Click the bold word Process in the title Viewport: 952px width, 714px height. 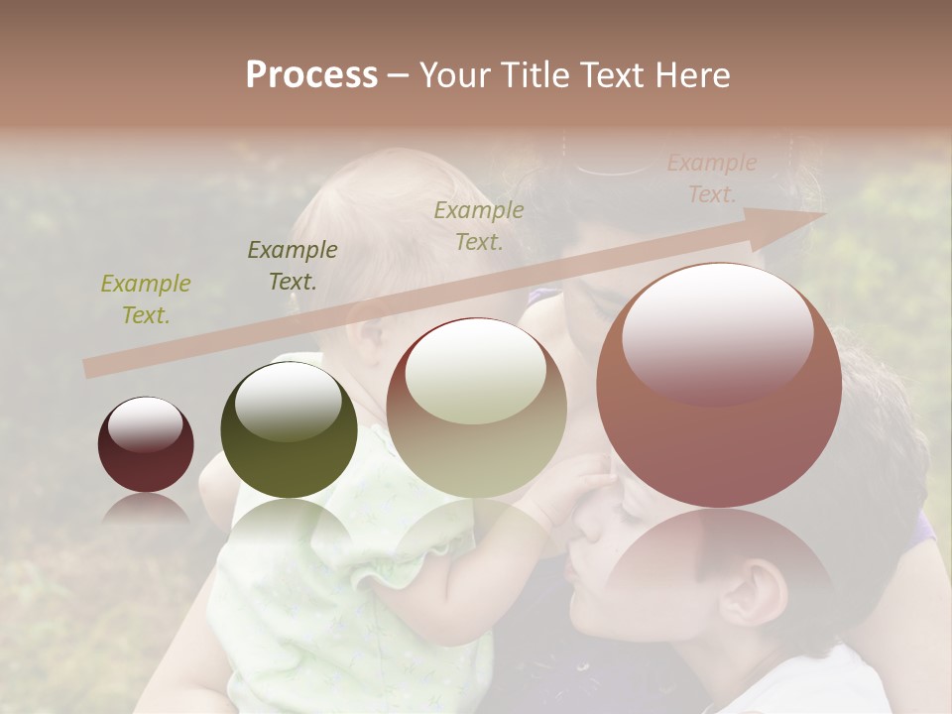311,74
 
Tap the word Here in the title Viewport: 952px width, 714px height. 693,74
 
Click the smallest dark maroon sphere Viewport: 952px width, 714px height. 146,444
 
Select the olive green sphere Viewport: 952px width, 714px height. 289,430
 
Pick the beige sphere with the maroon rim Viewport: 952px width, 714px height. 476,408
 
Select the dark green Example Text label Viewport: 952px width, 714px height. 293,265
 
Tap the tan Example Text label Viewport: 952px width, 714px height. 479,225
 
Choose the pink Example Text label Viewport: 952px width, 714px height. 711,178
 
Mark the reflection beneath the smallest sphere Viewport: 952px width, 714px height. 145,508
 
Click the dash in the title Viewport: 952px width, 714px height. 399,75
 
